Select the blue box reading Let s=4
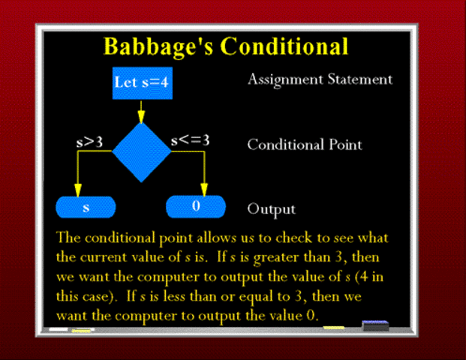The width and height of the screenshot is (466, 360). [143, 82]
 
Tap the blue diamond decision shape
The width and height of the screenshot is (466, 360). [142, 151]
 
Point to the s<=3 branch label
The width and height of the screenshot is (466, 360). [190, 139]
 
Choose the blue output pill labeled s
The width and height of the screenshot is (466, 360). [86, 206]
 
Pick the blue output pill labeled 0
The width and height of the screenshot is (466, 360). [196, 206]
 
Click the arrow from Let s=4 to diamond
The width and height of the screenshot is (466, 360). [142, 111]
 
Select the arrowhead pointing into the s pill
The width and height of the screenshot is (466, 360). [77, 191]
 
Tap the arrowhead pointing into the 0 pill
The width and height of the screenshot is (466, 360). [204, 191]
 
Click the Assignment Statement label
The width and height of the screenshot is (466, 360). [320, 79]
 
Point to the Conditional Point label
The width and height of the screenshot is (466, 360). [304, 145]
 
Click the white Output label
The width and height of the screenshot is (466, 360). [271, 209]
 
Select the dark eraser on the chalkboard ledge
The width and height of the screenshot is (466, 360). [375, 325]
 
